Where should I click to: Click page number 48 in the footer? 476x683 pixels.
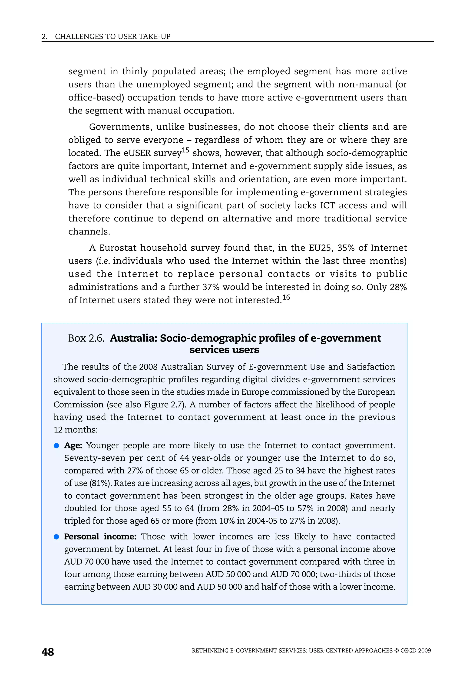pyautogui.click(x=48, y=652)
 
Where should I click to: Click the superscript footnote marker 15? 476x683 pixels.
pyautogui.click(x=185, y=150)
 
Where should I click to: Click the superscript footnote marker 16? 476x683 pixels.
pyautogui.click(x=286, y=297)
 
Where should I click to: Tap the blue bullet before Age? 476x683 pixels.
pyautogui.click(x=56, y=446)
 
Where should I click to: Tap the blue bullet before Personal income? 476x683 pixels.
pyautogui.click(x=56, y=537)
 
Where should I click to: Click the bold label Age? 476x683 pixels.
pyautogui.click(x=73, y=445)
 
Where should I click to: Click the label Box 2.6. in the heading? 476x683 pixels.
pyautogui.click(x=86, y=338)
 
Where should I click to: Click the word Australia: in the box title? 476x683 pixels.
pyautogui.click(x=133, y=338)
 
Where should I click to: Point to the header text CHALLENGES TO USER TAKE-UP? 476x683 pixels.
pyautogui.click(x=112, y=37)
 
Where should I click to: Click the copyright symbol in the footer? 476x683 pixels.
pyautogui.click(x=396, y=650)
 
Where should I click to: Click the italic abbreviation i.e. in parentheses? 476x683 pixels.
pyautogui.click(x=104, y=261)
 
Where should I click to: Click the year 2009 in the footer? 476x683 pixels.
pyautogui.click(x=424, y=650)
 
